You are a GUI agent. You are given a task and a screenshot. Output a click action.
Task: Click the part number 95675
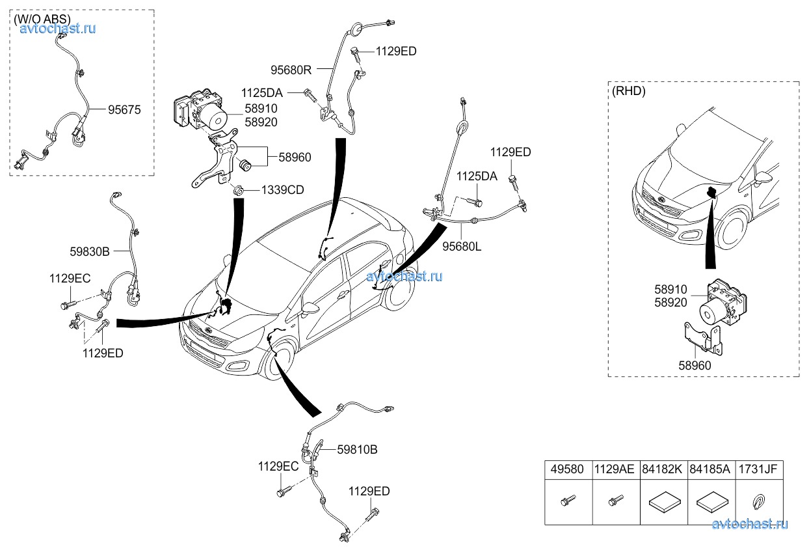pyautogui.click(x=124, y=111)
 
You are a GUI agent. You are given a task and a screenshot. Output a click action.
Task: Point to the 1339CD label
pyautogui.click(x=283, y=190)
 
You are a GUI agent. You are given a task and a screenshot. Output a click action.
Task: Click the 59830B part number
pyautogui.click(x=90, y=249)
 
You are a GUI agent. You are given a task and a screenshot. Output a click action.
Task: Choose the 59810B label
pyautogui.click(x=357, y=449)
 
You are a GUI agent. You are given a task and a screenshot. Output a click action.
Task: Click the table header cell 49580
pyautogui.click(x=568, y=469)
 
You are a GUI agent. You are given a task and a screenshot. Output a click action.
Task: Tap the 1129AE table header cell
pyautogui.click(x=616, y=469)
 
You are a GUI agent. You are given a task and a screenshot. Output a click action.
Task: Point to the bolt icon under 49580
pyautogui.click(x=568, y=502)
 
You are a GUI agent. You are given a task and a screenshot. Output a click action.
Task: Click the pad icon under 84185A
pyautogui.click(x=711, y=503)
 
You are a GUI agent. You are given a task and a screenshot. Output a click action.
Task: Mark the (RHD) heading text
pyautogui.click(x=629, y=91)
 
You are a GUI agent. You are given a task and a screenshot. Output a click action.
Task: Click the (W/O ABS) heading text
pyautogui.click(x=42, y=20)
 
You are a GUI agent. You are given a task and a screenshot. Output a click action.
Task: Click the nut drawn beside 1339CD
pyautogui.click(x=239, y=191)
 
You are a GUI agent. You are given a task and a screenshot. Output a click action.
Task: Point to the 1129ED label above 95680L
pyautogui.click(x=511, y=152)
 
